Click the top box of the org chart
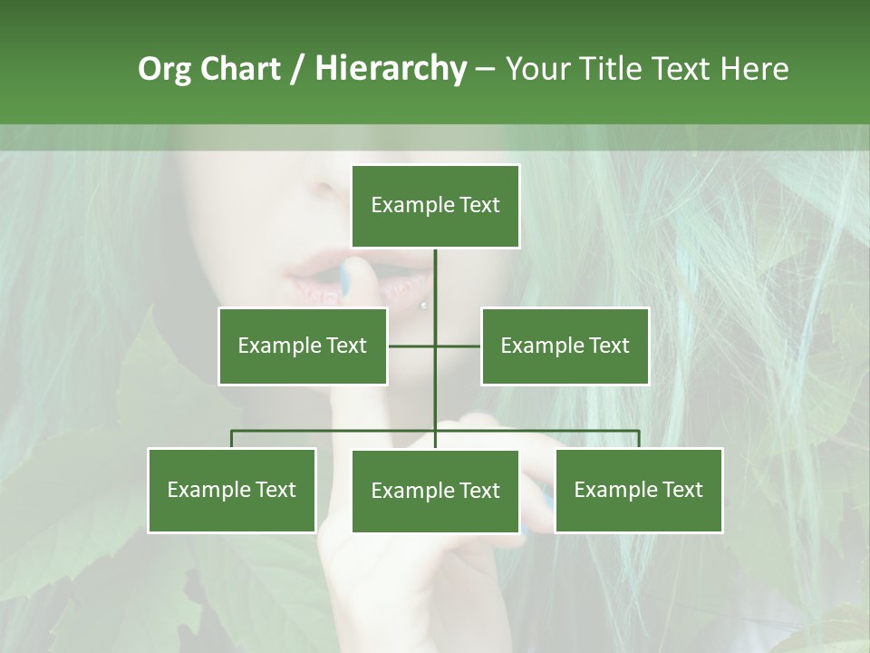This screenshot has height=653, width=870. (435, 206)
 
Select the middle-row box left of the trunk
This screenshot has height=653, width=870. (303, 346)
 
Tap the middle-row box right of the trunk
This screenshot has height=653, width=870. (565, 346)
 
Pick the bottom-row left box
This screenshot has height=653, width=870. (232, 490)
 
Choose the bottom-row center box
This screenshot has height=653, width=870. (435, 492)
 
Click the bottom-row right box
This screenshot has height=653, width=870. (639, 490)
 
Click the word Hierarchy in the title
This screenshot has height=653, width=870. (391, 69)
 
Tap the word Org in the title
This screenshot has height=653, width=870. (163, 69)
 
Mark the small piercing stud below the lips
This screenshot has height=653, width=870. (423, 306)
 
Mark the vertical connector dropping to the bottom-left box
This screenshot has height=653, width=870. (232, 439)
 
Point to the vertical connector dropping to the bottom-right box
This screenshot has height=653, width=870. (639, 439)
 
